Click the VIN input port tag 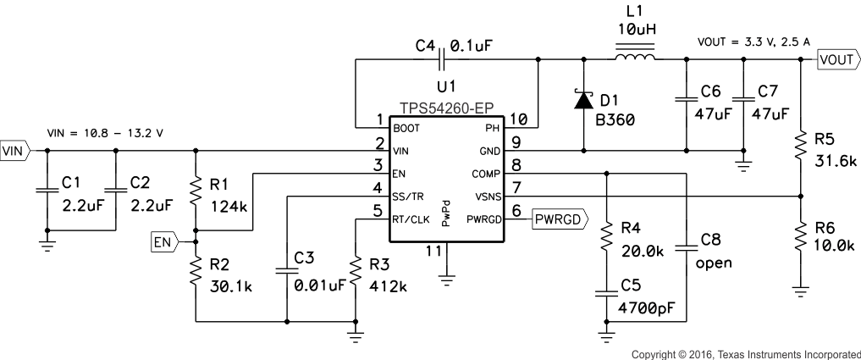coord(15,152)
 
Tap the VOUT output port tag coord(836,59)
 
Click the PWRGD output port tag coord(556,220)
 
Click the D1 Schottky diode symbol coord(583,101)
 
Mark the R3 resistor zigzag coord(356,270)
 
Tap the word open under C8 coord(714,263)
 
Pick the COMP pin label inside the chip coord(486,174)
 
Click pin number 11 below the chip coord(433,252)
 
